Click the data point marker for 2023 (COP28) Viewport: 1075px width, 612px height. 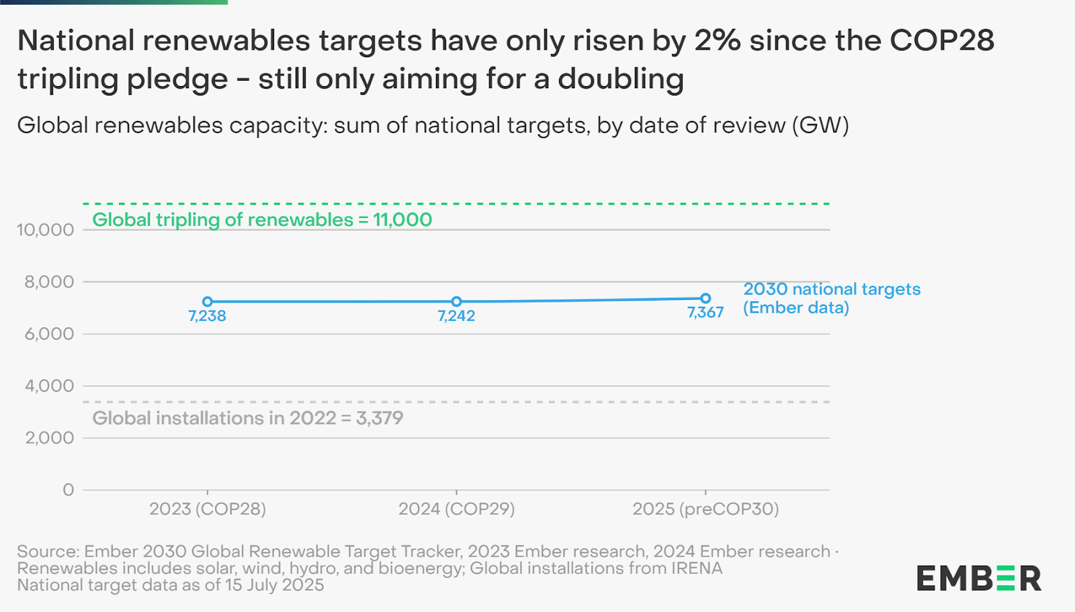coord(208,302)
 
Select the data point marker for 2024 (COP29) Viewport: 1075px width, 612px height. coord(456,302)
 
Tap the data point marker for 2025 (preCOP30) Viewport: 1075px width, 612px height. coord(705,299)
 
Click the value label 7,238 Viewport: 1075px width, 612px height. coord(207,316)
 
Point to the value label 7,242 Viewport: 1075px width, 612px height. coord(456,316)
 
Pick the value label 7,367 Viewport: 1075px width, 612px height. coord(705,313)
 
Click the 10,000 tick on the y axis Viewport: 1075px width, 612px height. coord(45,230)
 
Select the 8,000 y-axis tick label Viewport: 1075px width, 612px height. coord(49,282)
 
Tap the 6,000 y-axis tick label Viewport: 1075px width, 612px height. coord(49,334)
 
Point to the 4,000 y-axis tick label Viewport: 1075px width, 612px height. coord(49,386)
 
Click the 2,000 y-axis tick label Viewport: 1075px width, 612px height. coord(49,438)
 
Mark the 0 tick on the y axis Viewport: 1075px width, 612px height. coord(68,490)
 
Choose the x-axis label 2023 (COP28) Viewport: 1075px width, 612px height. coord(208,509)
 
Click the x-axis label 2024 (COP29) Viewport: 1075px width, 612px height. coord(456,509)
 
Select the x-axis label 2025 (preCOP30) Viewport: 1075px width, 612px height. coord(705,509)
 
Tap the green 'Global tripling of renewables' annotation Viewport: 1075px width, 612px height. coord(262,220)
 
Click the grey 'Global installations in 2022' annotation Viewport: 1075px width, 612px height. coord(247,418)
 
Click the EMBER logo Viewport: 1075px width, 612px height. coord(978,578)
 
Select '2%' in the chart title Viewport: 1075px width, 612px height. coord(717,41)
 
